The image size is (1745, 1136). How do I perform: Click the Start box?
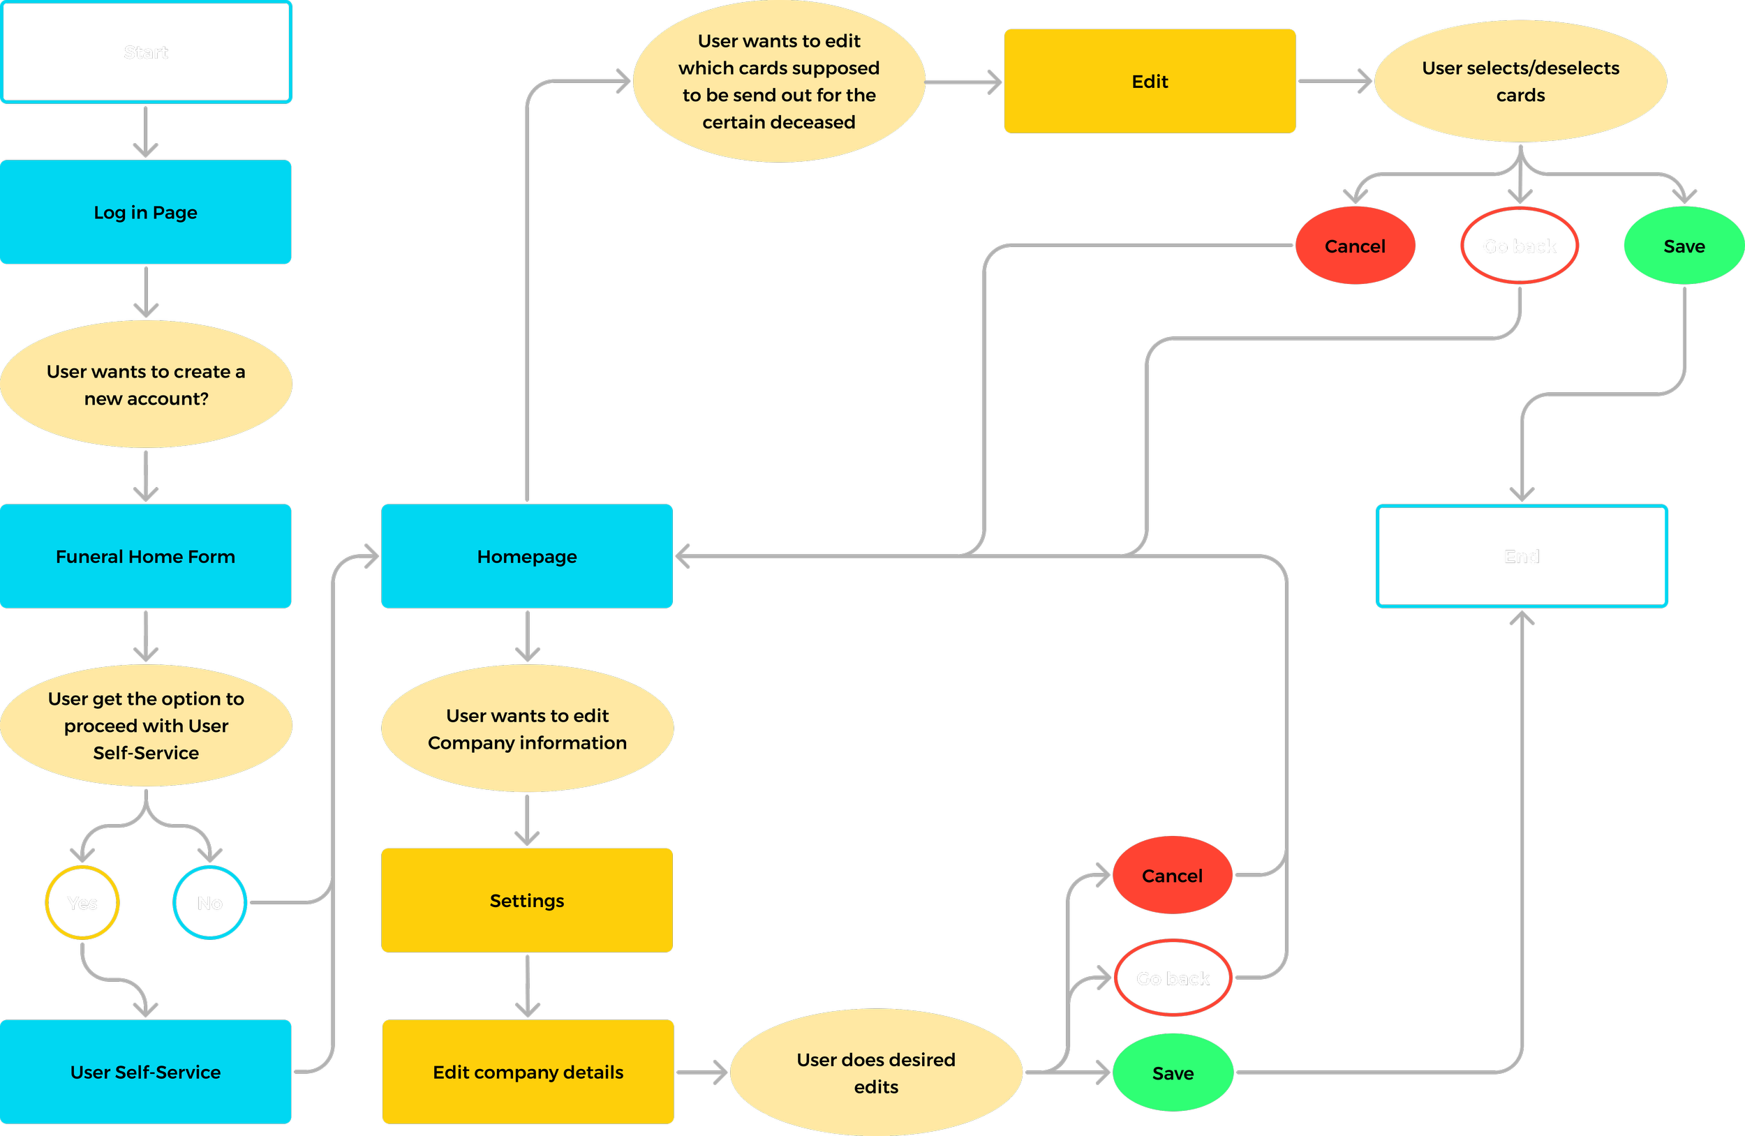pyautogui.click(x=146, y=52)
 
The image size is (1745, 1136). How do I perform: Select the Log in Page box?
pyautogui.click(x=146, y=212)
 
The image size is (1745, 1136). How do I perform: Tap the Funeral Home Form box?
pyautogui.click(x=146, y=556)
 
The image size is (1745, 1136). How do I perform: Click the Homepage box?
pyautogui.click(x=526, y=556)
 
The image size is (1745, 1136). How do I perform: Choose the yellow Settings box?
pyautogui.click(x=526, y=900)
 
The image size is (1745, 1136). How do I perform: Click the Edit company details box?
pyautogui.click(x=528, y=1072)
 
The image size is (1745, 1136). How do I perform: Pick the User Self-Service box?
pyautogui.click(x=146, y=1072)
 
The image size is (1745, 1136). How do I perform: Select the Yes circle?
pyautogui.click(x=82, y=903)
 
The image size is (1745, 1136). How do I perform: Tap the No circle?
pyautogui.click(x=209, y=903)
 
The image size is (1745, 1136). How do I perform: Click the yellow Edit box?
pyautogui.click(x=1149, y=82)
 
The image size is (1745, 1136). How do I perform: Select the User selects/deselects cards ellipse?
pyautogui.click(x=1520, y=82)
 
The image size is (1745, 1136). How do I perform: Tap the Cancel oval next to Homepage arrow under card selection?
pyautogui.click(x=1354, y=246)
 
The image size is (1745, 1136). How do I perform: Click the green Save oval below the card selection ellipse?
pyautogui.click(x=1684, y=246)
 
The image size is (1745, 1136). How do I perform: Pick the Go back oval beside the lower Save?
pyautogui.click(x=1173, y=978)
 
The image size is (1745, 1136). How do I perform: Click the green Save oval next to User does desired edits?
pyautogui.click(x=1173, y=1073)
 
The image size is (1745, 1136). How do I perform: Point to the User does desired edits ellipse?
pyautogui.click(x=875, y=1073)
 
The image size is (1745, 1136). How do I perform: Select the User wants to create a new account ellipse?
pyautogui.click(x=146, y=384)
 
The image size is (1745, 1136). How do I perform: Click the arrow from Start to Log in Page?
pyautogui.click(x=146, y=132)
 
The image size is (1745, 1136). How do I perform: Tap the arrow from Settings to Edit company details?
pyautogui.click(x=527, y=986)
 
